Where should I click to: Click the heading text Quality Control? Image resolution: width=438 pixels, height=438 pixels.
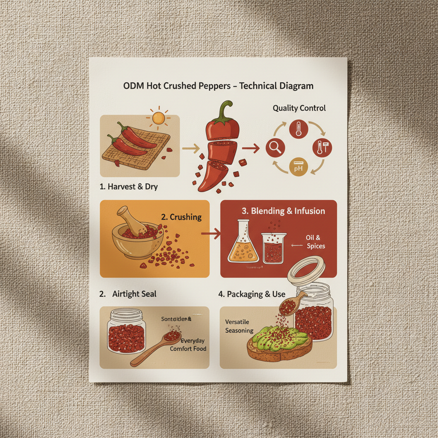[299, 108]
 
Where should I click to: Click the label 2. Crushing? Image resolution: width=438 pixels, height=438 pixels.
[181, 217]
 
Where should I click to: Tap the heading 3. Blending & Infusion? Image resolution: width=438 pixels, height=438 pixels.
[283, 211]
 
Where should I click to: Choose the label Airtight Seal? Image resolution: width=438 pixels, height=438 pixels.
[134, 294]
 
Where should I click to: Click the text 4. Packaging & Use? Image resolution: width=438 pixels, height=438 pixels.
[252, 294]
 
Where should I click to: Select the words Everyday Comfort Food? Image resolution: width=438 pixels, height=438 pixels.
[188, 345]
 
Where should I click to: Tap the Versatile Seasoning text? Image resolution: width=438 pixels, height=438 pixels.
[240, 326]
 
